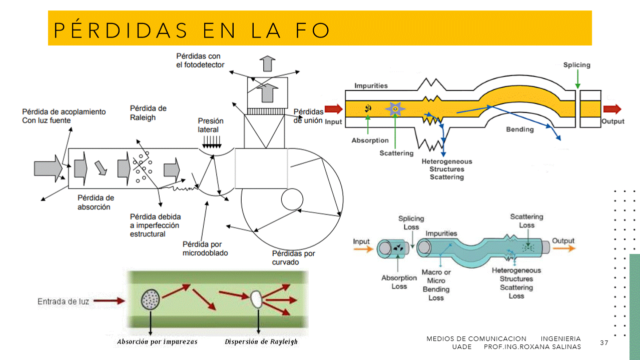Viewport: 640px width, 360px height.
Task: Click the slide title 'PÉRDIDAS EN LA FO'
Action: (x=192, y=30)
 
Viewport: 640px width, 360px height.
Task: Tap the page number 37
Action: (x=604, y=342)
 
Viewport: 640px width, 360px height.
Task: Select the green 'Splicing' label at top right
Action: (x=576, y=65)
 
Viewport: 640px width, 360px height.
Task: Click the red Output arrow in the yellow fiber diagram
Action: (x=612, y=109)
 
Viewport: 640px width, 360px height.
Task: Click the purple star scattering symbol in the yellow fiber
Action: (x=395, y=108)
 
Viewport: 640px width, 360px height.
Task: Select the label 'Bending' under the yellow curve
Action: (x=520, y=129)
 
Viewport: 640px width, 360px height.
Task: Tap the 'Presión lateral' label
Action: (x=211, y=125)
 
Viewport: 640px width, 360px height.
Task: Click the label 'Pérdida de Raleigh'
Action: (x=148, y=113)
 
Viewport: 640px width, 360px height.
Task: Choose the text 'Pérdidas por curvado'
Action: (x=293, y=257)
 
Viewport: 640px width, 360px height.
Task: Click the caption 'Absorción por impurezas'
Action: (x=157, y=342)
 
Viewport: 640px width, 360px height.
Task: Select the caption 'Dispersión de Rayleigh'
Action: (x=261, y=342)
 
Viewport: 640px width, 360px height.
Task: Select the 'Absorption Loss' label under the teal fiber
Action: (x=399, y=282)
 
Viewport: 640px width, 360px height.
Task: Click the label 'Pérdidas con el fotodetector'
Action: (x=200, y=60)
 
